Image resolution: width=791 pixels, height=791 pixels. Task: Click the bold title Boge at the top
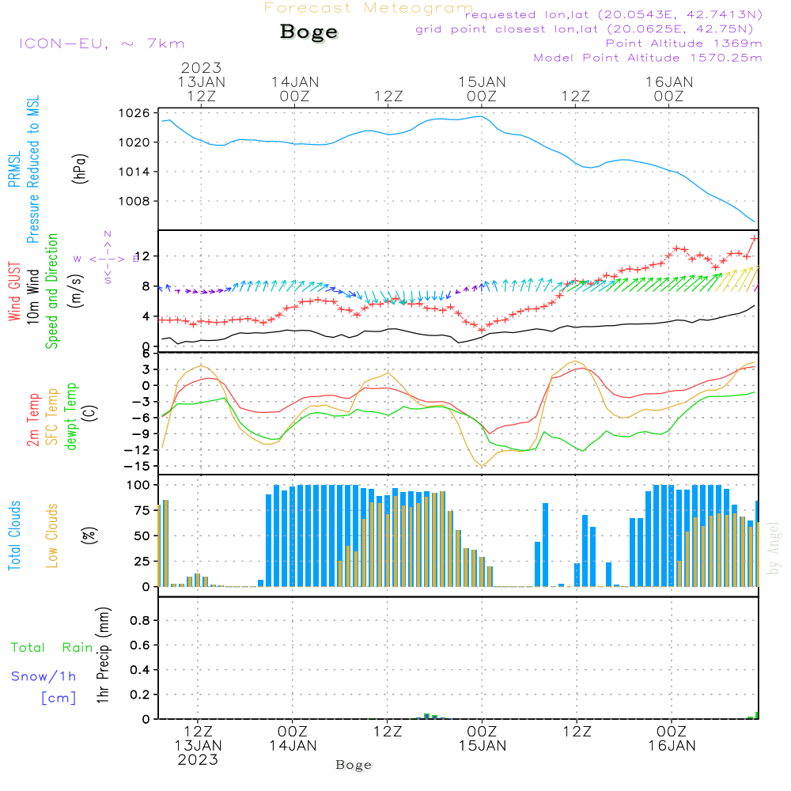[308, 32]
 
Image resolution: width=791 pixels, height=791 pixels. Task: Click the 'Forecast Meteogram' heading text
[369, 9]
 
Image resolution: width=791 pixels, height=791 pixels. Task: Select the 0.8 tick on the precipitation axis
[140, 621]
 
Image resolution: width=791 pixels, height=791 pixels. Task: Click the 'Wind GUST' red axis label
[14, 290]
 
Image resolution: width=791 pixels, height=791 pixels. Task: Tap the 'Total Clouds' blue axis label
[14, 536]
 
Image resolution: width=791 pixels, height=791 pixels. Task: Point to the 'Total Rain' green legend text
[51, 647]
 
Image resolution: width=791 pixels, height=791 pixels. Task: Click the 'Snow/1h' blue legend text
[44, 676]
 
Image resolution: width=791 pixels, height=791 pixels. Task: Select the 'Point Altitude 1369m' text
[683, 43]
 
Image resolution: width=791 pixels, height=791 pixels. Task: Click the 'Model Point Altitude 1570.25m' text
[647, 57]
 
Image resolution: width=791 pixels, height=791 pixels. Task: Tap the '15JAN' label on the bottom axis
[483, 745]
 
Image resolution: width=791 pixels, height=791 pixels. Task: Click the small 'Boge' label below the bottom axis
[354, 765]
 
